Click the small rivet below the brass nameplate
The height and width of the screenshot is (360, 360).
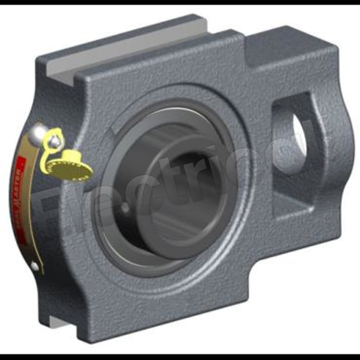tap(34, 266)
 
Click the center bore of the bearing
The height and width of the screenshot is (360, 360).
tap(194, 187)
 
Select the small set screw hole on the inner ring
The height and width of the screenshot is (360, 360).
tap(125, 208)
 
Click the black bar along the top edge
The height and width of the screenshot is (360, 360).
tap(180, 2)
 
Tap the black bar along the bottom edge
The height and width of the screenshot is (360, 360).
tap(180, 357)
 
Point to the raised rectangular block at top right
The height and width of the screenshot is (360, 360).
tap(292, 47)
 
